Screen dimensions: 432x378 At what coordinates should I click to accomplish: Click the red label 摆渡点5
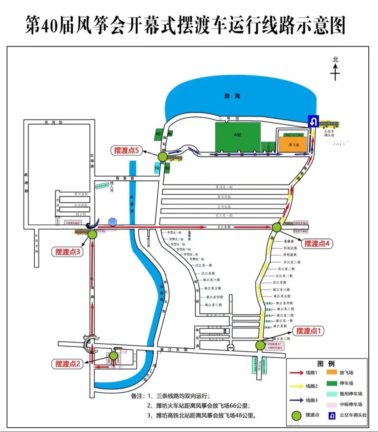click(x=126, y=150)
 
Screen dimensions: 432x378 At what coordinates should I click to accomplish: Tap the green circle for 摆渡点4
click(x=277, y=227)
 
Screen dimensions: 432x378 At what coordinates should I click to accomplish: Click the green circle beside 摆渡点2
click(x=113, y=356)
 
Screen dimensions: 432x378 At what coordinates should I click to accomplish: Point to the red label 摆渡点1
click(x=308, y=331)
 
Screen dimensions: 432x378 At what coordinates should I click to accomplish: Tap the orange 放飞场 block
click(x=293, y=145)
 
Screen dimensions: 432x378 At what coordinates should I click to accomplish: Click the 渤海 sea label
click(x=232, y=96)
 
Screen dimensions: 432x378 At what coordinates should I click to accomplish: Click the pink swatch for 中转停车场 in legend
click(x=332, y=404)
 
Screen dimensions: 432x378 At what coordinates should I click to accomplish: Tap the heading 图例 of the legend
click(x=326, y=364)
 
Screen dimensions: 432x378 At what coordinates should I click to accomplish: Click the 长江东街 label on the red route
click(x=224, y=227)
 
